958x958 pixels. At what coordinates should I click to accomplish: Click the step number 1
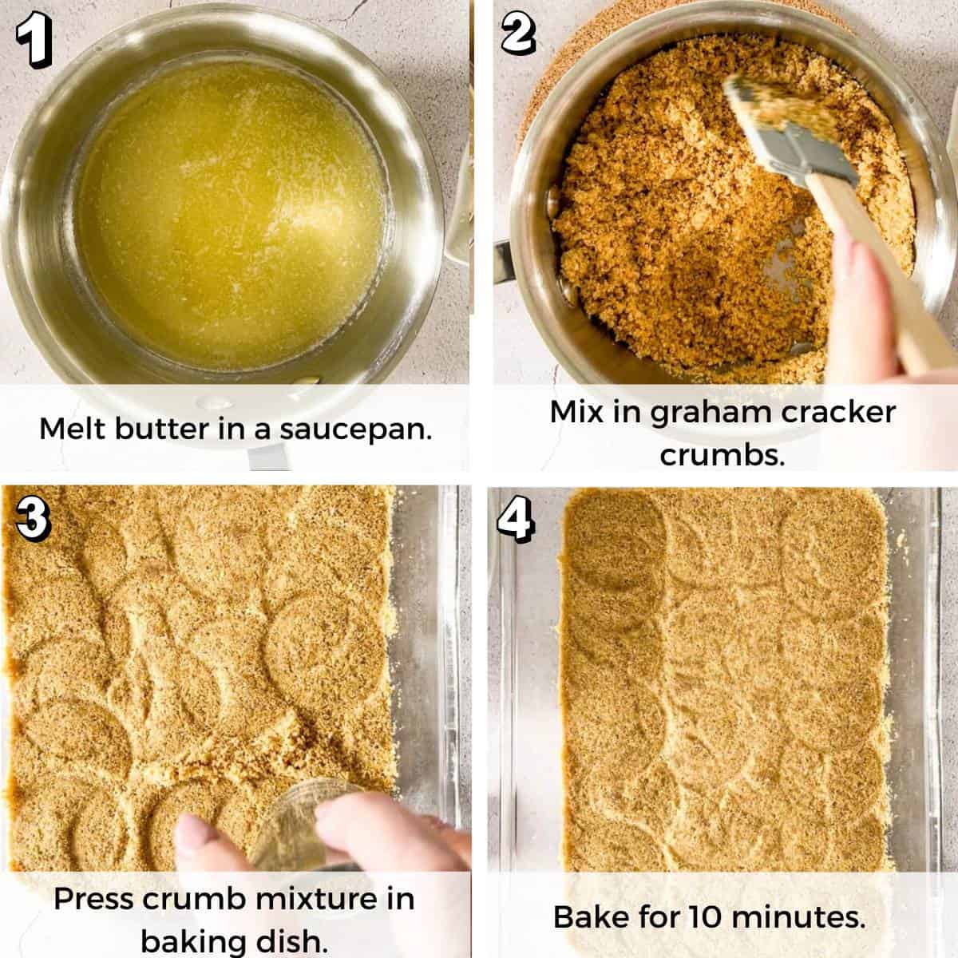[34, 40]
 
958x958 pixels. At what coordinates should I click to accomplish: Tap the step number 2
[518, 33]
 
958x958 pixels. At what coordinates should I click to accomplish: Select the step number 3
[33, 520]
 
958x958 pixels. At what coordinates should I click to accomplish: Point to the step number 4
[516, 520]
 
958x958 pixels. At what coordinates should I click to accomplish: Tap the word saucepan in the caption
[355, 430]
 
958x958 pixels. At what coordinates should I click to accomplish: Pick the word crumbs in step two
[722, 454]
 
